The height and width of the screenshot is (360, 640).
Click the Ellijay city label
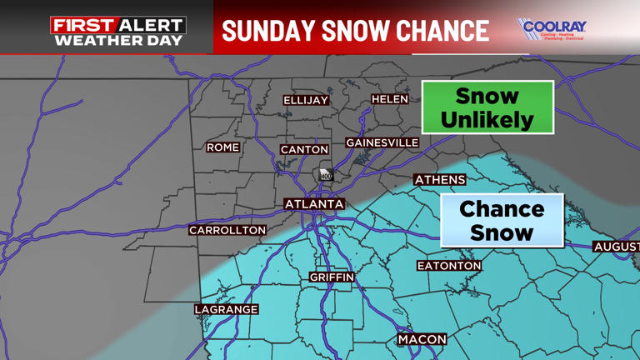pyautogui.click(x=306, y=100)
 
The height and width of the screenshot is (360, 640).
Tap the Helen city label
pyautogui.click(x=389, y=99)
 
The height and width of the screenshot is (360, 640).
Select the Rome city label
pyautogui.click(x=222, y=147)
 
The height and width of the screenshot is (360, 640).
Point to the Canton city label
pyautogui.click(x=304, y=150)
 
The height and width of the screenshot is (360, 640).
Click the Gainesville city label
pyautogui.click(x=382, y=143)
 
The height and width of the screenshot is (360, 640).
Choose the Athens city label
pyautogui.click(x=440, y=180)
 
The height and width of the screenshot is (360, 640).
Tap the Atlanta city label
pyautogui.click(x=314, y=204)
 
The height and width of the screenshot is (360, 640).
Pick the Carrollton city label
pyautogui.click(x=227, y=230)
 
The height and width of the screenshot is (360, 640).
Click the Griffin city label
pyautogui.click(x=332, y=277)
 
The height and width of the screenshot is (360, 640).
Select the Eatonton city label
pyautogui.click(x=449, y=266)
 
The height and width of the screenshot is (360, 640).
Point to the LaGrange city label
pyautogui.click(x=227, y=309)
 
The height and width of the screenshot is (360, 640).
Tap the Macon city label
pyautogui.click(x=422, y=340)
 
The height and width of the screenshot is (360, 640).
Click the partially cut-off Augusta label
pyautogui.click(x=617, y=247)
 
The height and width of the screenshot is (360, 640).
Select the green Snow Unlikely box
pyautogui.click(x=487, y=107)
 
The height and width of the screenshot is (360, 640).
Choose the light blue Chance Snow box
pyautogui.click(x=502, y=221)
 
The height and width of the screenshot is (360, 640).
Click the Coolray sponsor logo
pyautogui.click(x=551, y=29)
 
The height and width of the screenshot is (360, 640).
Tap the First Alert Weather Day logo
pyautogui.click(x=117, y=31)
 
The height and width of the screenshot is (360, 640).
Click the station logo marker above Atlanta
pyautogui.click(x=326, y=174)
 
